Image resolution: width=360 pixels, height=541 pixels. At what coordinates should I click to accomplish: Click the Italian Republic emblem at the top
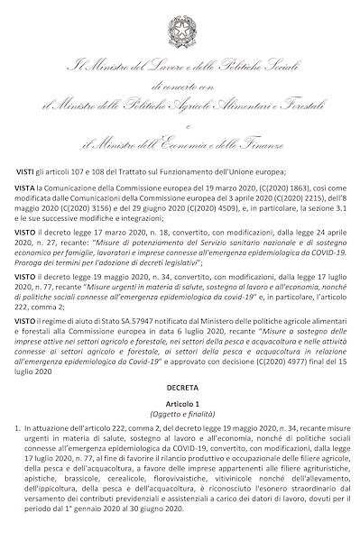click(180, 26)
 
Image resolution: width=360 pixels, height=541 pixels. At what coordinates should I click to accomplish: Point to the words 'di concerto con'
click(180, 86)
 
